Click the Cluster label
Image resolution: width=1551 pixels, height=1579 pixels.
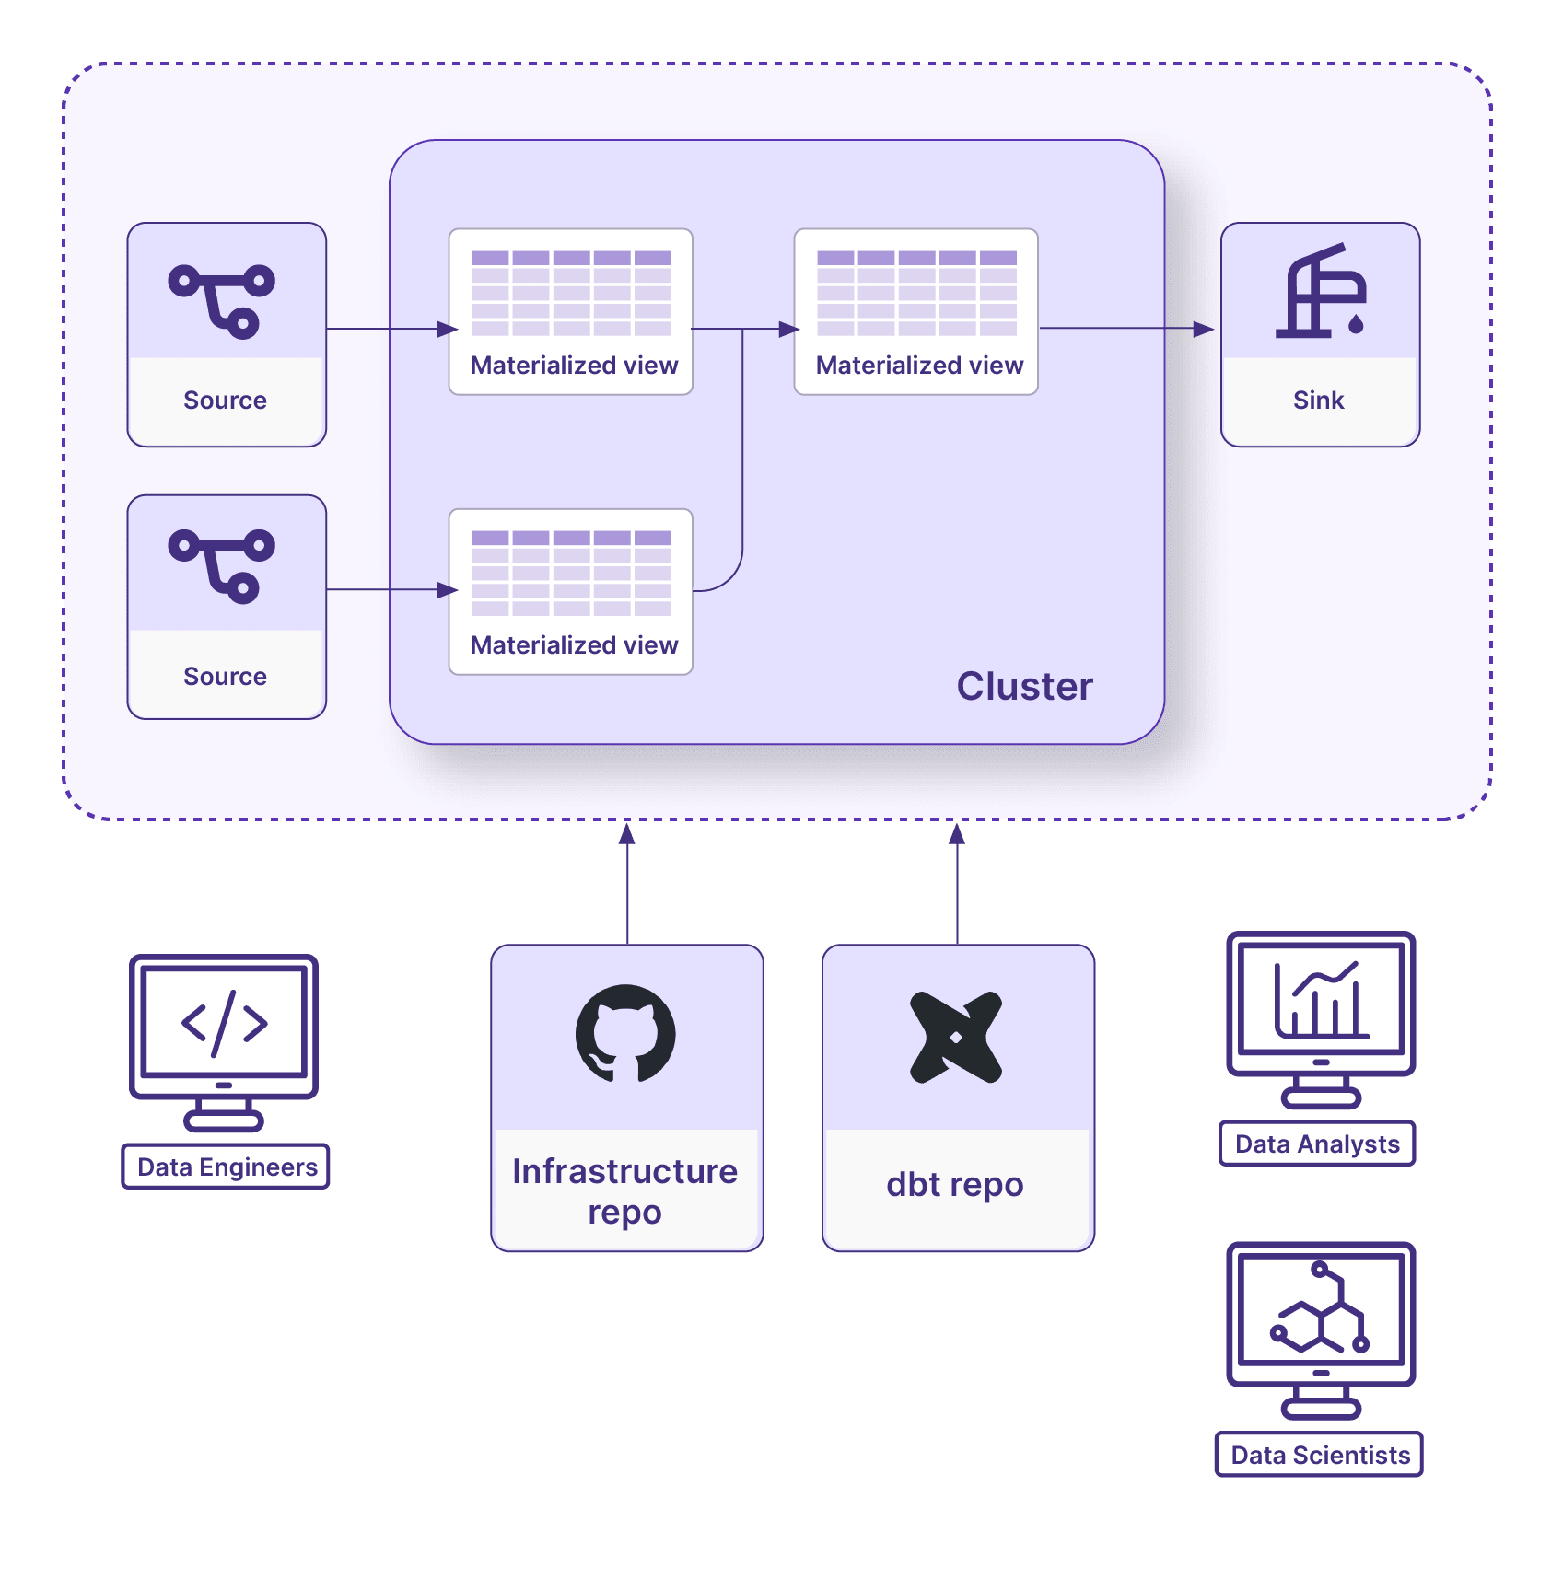point(1024,687)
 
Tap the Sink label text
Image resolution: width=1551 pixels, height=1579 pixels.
point(1318,401)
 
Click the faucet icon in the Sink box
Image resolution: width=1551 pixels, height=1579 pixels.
point(1320,292)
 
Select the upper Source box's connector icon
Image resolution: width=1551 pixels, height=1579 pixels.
point(222,301)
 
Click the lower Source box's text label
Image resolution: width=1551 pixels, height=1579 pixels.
point(225,677)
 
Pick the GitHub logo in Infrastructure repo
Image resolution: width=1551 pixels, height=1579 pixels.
point(625,1034)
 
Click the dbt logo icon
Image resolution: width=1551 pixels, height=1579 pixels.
point(956,1037)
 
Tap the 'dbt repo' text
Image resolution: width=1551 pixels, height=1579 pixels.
point(955,1185)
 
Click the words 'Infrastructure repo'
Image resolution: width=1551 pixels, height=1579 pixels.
point(624,1191)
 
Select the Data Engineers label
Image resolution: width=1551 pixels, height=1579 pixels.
point(227,1167)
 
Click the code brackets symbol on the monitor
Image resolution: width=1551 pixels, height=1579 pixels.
point(224,1023)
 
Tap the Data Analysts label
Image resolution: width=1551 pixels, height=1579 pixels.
point(1317,1144)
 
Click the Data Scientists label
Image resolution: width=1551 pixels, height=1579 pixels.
point(1320,1456)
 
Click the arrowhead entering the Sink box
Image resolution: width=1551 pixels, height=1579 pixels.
point(1203,329)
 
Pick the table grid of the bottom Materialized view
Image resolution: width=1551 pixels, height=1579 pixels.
point(571,573)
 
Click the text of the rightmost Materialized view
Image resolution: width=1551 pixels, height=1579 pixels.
point(919,366)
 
